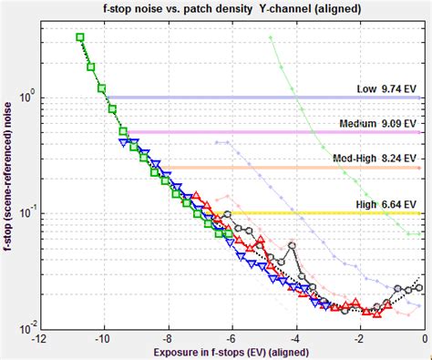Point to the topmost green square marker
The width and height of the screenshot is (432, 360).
tap(80, 37)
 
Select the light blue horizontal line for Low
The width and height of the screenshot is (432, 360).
tap(228, 98)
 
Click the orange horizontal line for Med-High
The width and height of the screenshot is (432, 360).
tap(273, 167)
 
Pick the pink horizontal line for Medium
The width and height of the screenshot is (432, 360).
tap(255, 132)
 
